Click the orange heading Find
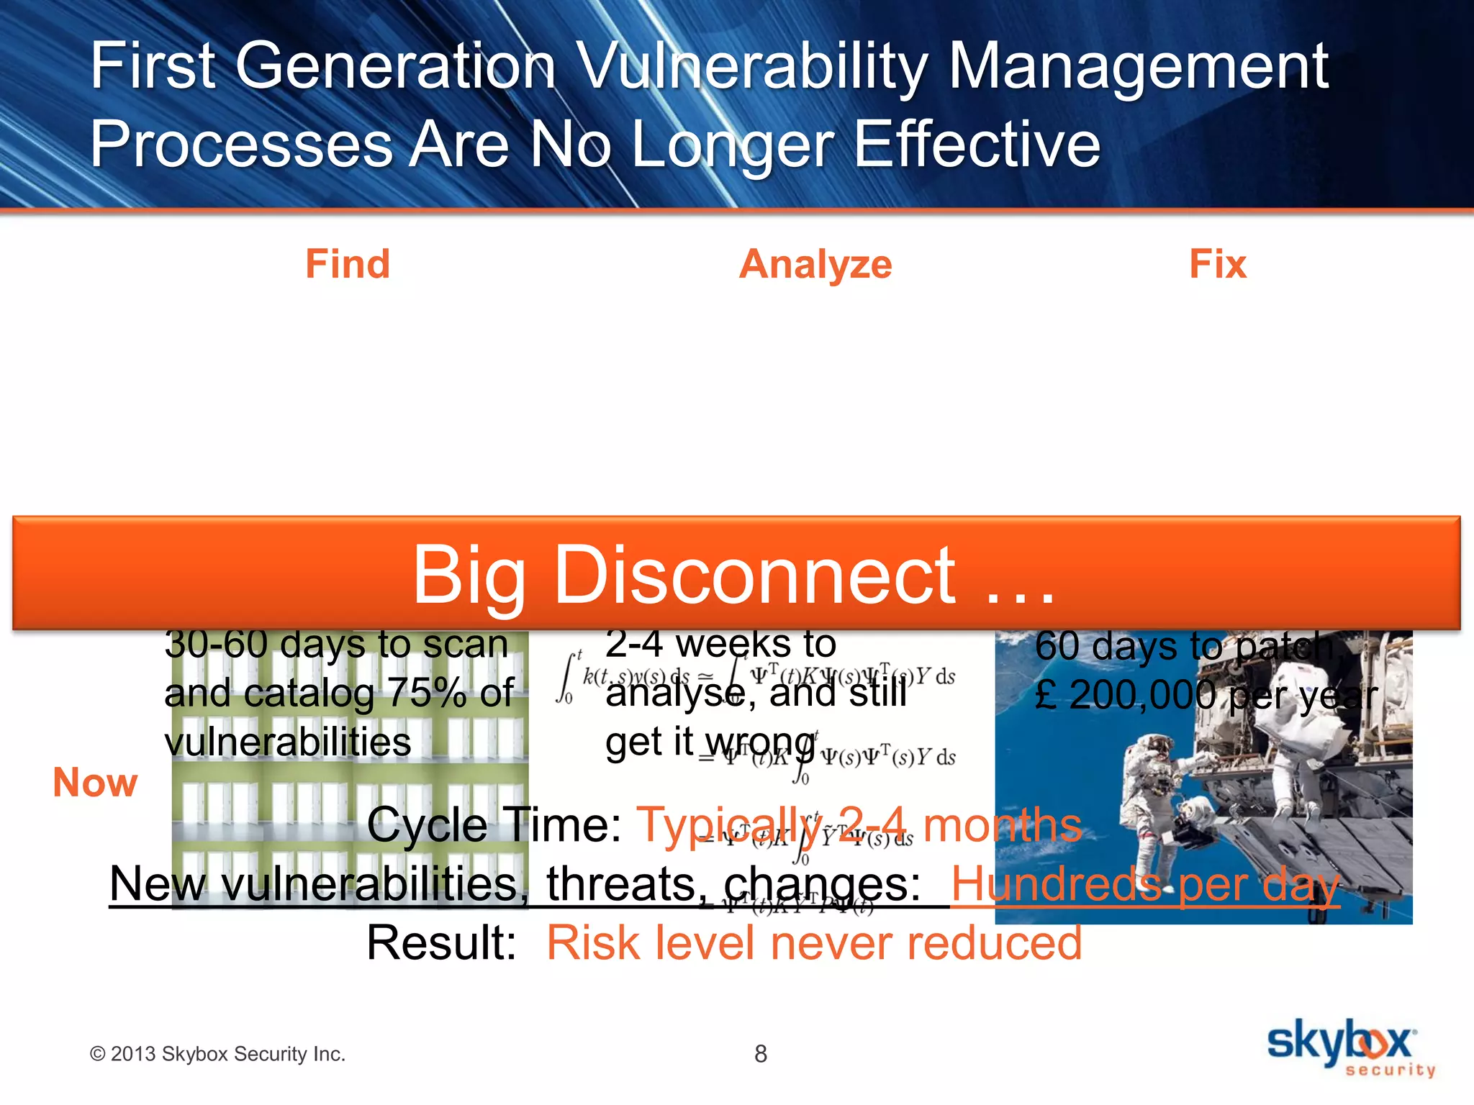point(348,264)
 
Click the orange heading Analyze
point(815,265)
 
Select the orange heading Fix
point(1217,264)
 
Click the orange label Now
point(95,782)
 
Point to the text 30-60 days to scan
point(336,645)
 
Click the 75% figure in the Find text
point(429,694)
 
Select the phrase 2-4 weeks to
point(720,644)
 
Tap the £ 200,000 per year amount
point(1206,696)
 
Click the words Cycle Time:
point(494,824)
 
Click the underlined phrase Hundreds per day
point(1144,883)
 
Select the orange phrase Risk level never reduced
point(814,942)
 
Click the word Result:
point(441,942)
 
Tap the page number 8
point(761,1054)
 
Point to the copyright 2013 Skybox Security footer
point(217,1054)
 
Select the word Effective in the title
point(977,144)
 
